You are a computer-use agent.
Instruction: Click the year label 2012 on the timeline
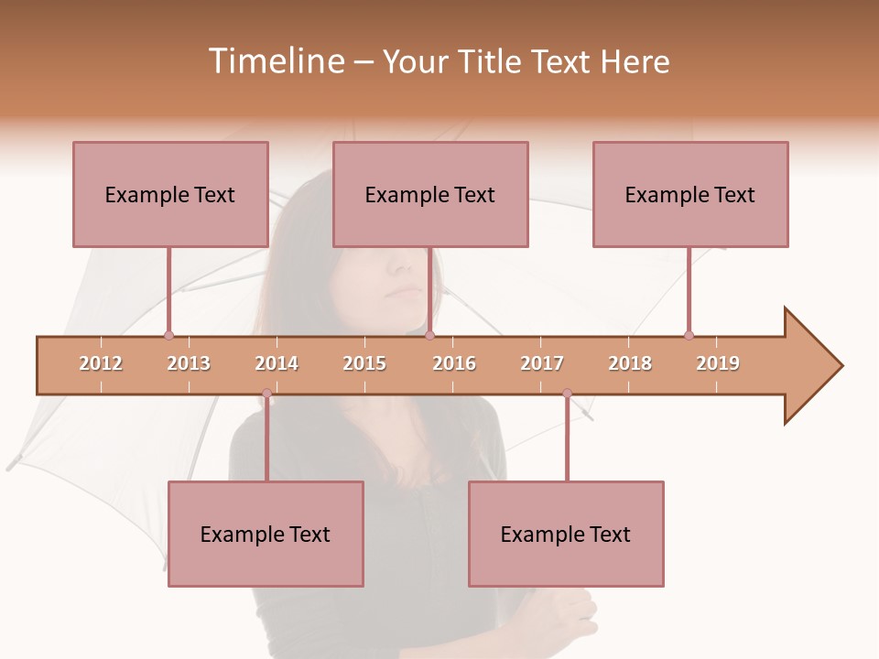tap(101, 363)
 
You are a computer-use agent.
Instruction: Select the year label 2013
tap(189, 363)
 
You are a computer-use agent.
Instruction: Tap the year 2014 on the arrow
tap(277, 363)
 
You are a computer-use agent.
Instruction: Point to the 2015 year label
tap(364, 363)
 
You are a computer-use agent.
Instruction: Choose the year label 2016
tap(454, 363)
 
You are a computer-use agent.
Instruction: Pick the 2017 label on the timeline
tap(542, 363)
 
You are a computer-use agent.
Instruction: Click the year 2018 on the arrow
tap(630, 363)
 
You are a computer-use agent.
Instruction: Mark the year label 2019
tap(718, 363)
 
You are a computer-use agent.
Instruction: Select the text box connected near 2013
tap(170, 194)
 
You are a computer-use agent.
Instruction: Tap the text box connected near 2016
tap(430, 194)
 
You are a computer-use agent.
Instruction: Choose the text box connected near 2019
tap(690, 194)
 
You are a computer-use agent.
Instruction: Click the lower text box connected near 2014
tap(266, 534)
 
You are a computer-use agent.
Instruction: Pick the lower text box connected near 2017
tap(566, 534)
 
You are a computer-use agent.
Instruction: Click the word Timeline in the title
tap(275, 61)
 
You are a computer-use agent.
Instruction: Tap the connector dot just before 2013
tap(168, 335)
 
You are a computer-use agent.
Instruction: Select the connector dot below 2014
tap(266, 394)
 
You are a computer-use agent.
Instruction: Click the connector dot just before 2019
tap(689, 335)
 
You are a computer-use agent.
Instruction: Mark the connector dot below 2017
tap(567, 394)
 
